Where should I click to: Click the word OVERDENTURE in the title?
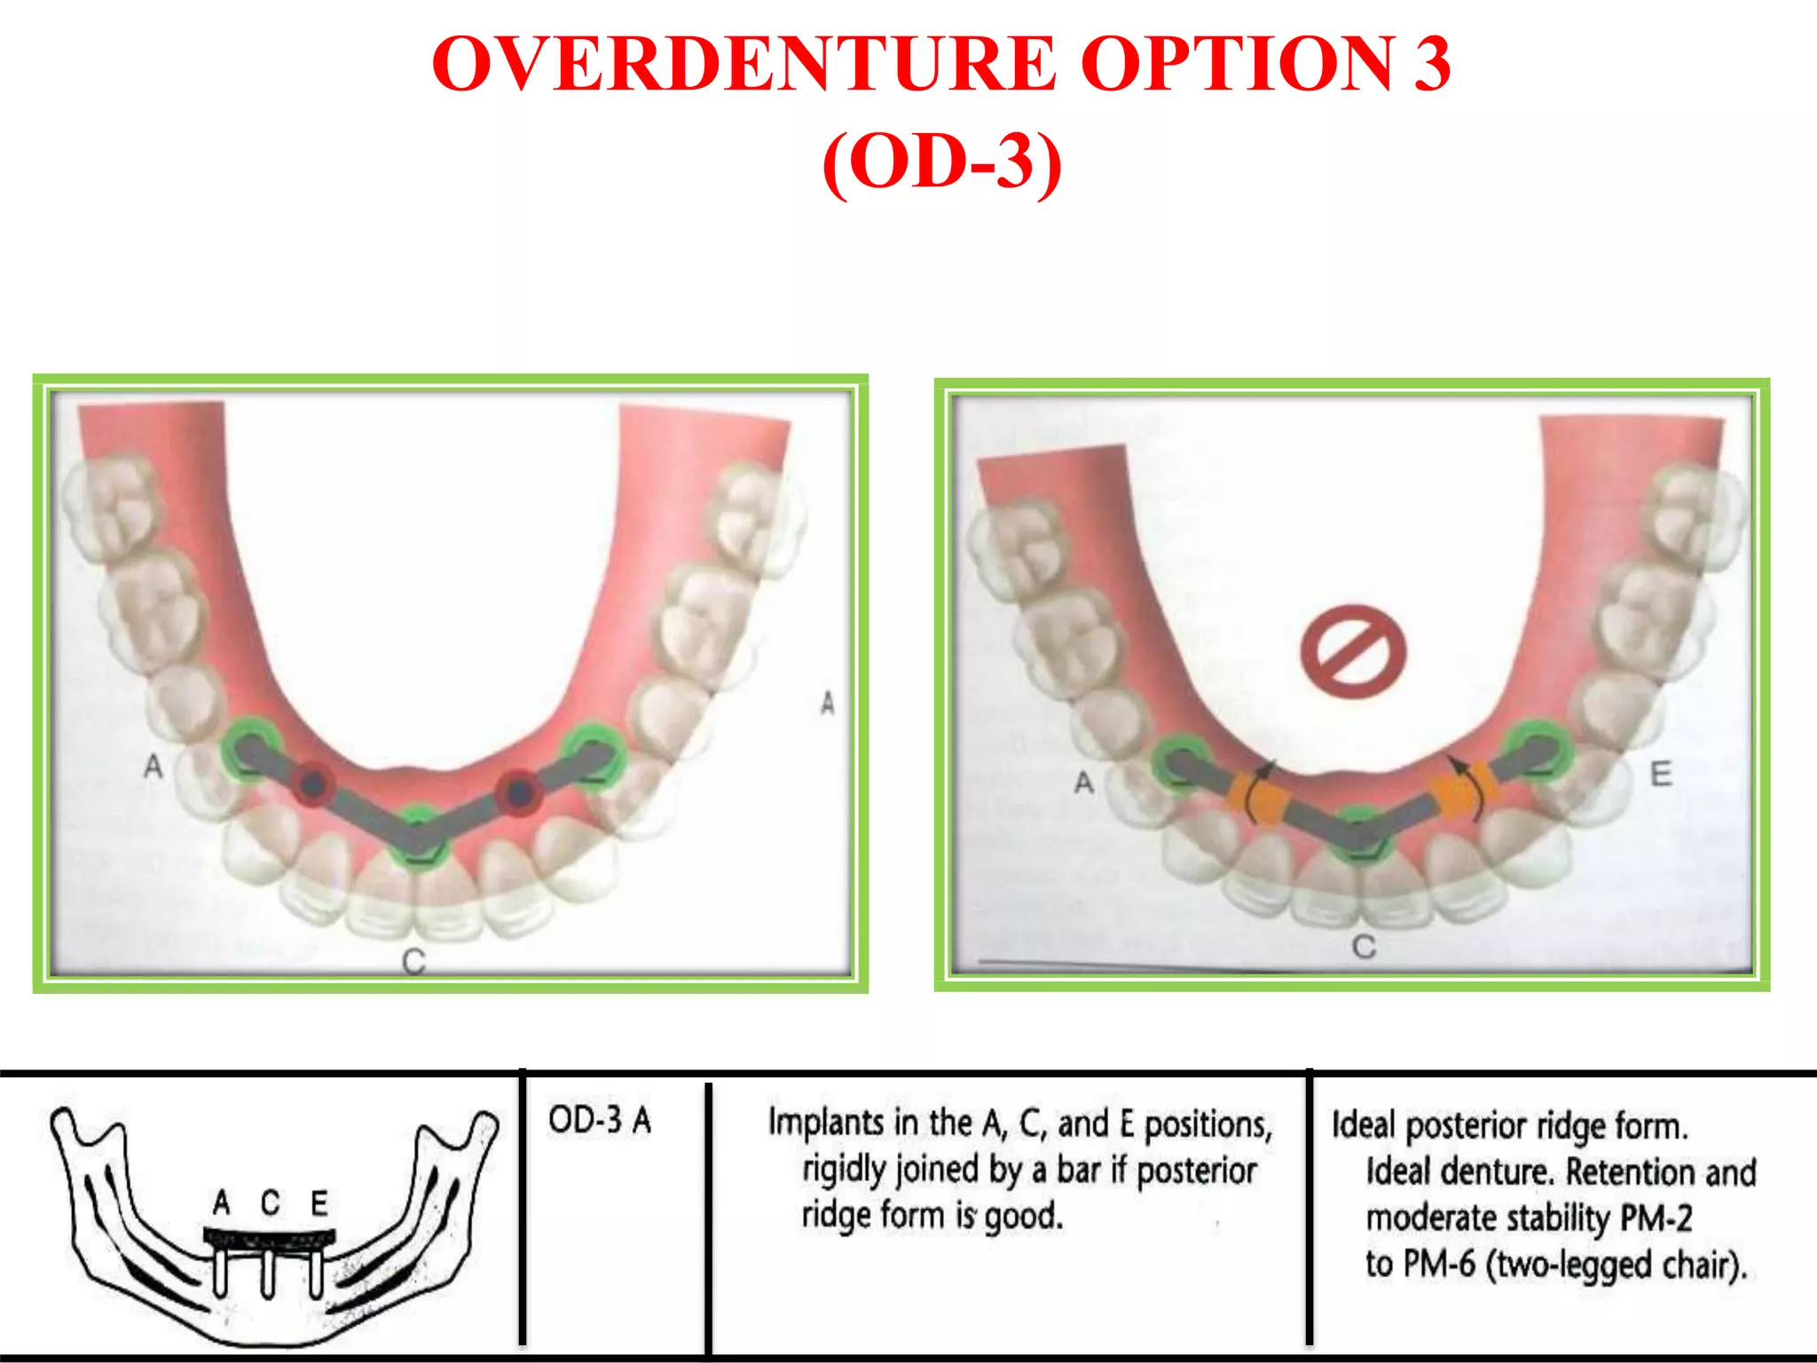[x=743, y=64]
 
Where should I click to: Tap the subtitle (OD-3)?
[x=942, y=162]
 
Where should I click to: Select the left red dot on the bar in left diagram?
[x=312, y=783]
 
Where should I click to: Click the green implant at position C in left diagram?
[x=418, y=837]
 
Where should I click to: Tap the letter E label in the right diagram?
[x=1661, y=774]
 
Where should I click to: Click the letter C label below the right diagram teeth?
[x=1364, y=947]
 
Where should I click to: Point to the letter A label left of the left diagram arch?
[x=153, y=766]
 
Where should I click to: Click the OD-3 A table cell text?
[x=600, y=1120]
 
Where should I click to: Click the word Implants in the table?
[x=827, y=1123]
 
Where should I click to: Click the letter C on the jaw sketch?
[x=271, y=1203]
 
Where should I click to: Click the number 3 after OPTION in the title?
[x=1430, y=64]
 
